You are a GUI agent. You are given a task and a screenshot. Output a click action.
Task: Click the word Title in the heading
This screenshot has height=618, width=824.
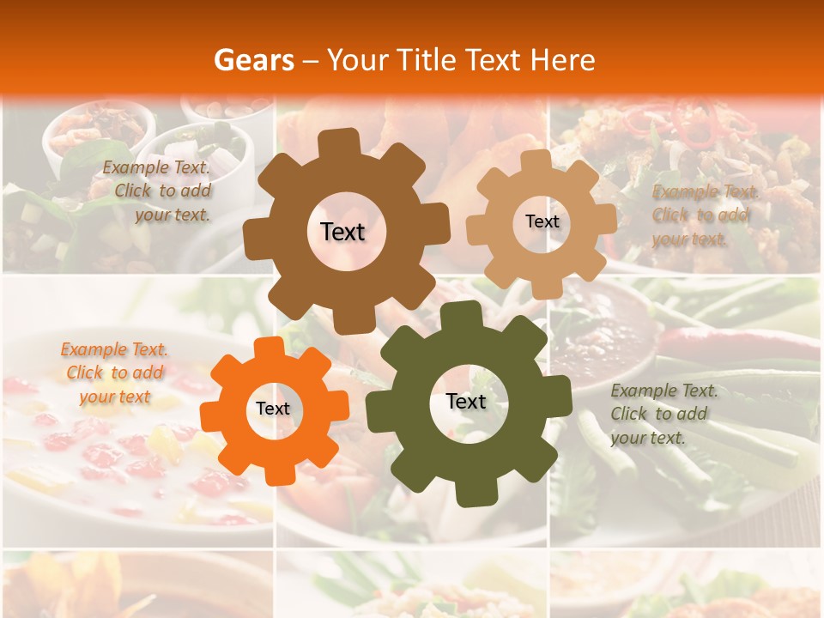pos(430,60)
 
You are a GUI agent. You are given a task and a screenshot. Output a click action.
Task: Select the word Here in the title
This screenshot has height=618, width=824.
pos(562,60)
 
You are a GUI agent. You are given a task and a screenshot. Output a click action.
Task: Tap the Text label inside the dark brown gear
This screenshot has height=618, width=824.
pos(342,232)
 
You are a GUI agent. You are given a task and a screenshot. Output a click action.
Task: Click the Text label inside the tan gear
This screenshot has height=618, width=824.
pos(542,221)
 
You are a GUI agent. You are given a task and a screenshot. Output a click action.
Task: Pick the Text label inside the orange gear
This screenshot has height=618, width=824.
pos(273,409)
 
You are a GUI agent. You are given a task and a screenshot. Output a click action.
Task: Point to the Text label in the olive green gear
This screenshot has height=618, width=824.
pos(466,401)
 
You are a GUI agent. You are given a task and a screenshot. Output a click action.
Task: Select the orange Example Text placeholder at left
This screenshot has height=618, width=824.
pos(114,373)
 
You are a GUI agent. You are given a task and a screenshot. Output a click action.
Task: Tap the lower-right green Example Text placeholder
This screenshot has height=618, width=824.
pos(663,414)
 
